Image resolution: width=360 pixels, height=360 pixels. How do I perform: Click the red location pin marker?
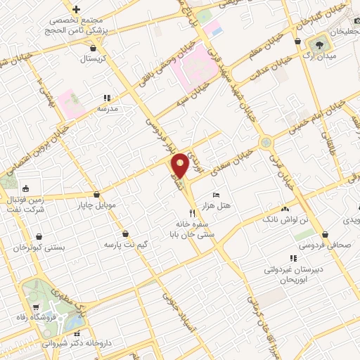pos(180,165)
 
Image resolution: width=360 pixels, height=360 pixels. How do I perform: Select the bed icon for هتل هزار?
pos(216,194)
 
